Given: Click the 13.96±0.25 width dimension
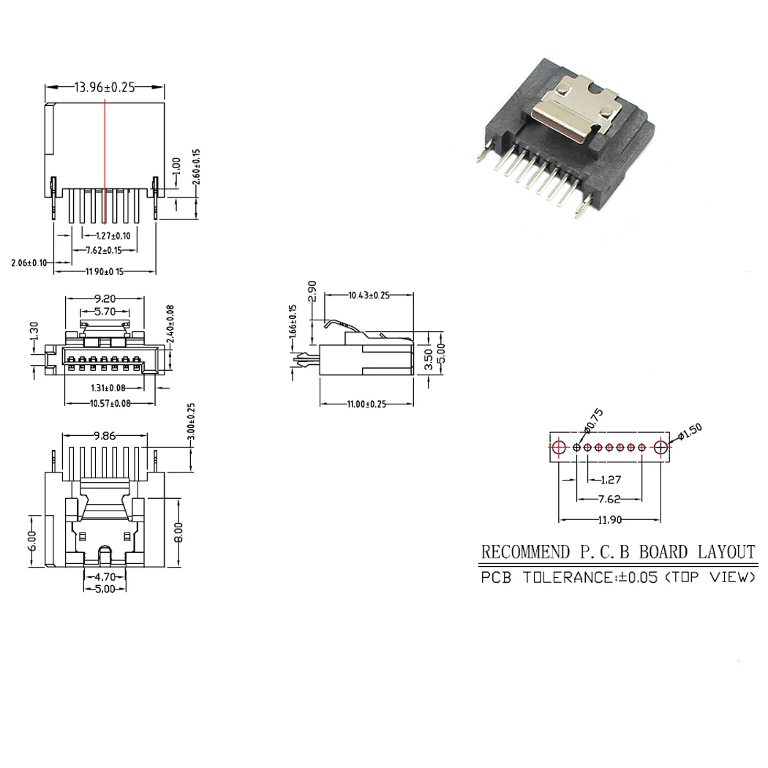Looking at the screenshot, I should coord(105,87).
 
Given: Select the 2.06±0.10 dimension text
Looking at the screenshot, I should coord(29,263).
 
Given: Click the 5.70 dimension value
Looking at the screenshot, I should coord(106,311).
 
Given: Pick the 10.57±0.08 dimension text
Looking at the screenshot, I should coord(110,403).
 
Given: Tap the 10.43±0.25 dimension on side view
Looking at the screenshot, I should coord(369,295).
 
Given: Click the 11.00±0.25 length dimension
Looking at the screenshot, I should coord(366,404).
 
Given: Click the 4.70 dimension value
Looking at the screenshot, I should coord(105,576).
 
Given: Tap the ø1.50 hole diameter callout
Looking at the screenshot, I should coord(690,432).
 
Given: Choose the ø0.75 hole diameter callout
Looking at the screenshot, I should coord(593,422).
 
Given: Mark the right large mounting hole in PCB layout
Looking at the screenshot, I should coord(662,446).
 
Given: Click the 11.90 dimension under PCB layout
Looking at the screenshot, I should coord(611,520).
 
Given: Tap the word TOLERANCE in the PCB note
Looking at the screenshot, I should coord(568,578).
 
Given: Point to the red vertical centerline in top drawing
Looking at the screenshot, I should coord(105,161).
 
